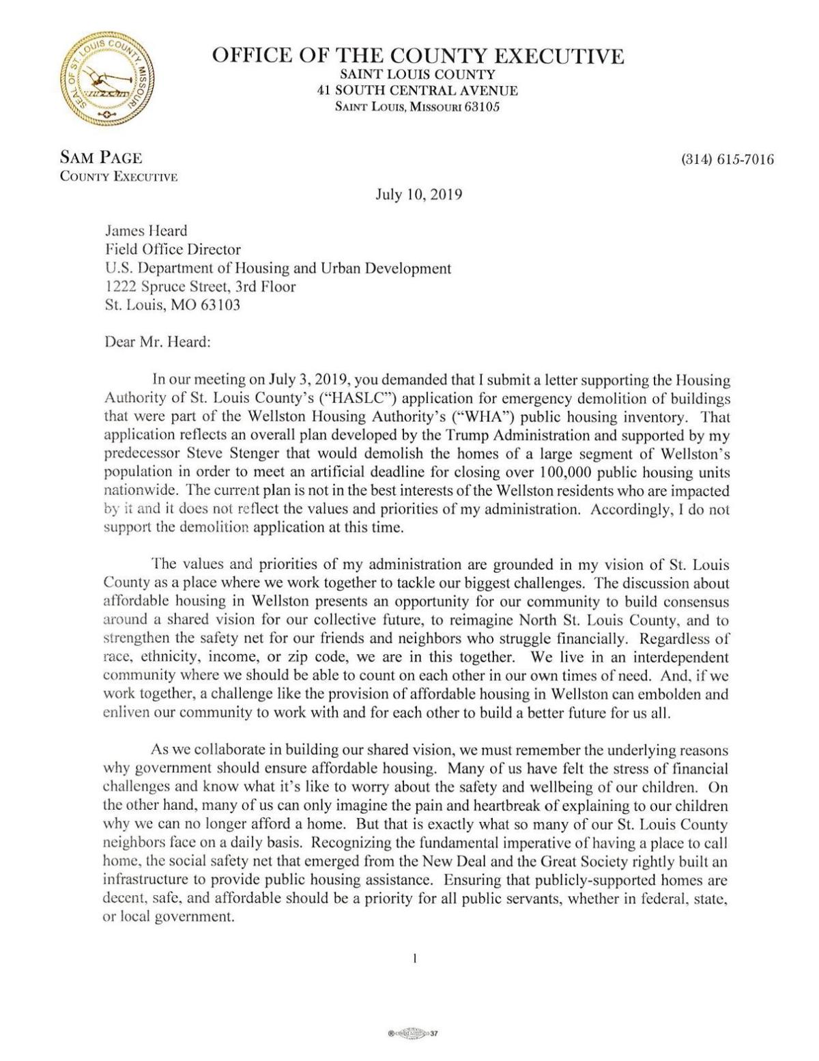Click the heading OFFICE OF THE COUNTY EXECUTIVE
pyautogui.click(x=418, y=56)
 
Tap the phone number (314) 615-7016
pyautogui.click(x=728, y=160)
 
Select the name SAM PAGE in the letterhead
pyautogui.click(x=101, y=158)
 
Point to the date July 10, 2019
pyautogui.click(x=419, y=195)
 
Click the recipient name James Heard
pyautogui.click(x=145, y=231)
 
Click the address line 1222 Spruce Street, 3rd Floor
pyautogui.click(x=200, y=287)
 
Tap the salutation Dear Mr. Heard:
pyautogui.click(x=158, y=342)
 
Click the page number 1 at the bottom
pyautogui.click(x=415, y=959)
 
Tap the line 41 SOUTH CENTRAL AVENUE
pyautogui.click(x=418, y=91)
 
